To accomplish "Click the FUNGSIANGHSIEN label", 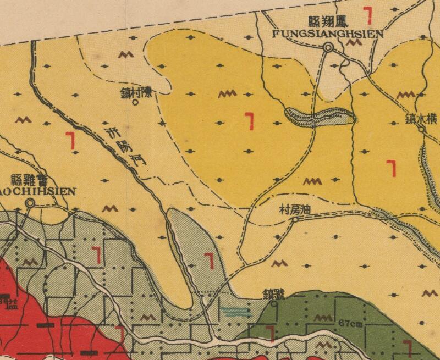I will click(x=327, y=34).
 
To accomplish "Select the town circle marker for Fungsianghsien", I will click(x=328, y=48).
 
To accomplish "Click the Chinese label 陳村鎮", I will click(x=140, y=93).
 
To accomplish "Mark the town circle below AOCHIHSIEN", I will click(x=30, y=203).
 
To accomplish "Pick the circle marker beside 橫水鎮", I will click(x=421, y=129).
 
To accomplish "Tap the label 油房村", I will click(x=296, y=210).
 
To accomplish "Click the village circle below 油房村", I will click(x=295, y=219).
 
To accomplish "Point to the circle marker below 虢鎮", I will click(x=274, y=302).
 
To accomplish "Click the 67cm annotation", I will click(x=350, y=323).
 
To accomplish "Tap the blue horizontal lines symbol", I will click(x=235, y=312).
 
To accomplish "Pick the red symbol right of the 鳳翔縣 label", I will click(x=367, y=15).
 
